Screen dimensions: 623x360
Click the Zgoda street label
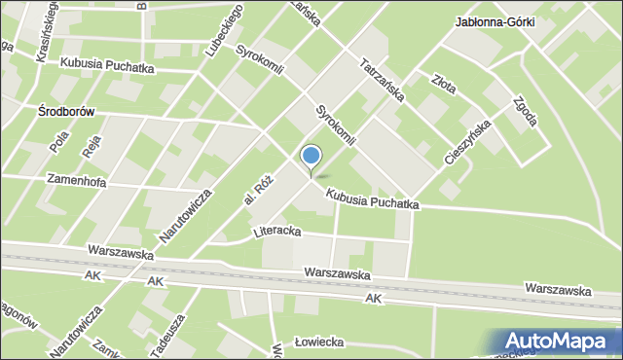[x=522, y=114]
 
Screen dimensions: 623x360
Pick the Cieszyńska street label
[x=466, y=142]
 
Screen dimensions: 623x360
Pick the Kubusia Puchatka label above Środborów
[x=107, y=66]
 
